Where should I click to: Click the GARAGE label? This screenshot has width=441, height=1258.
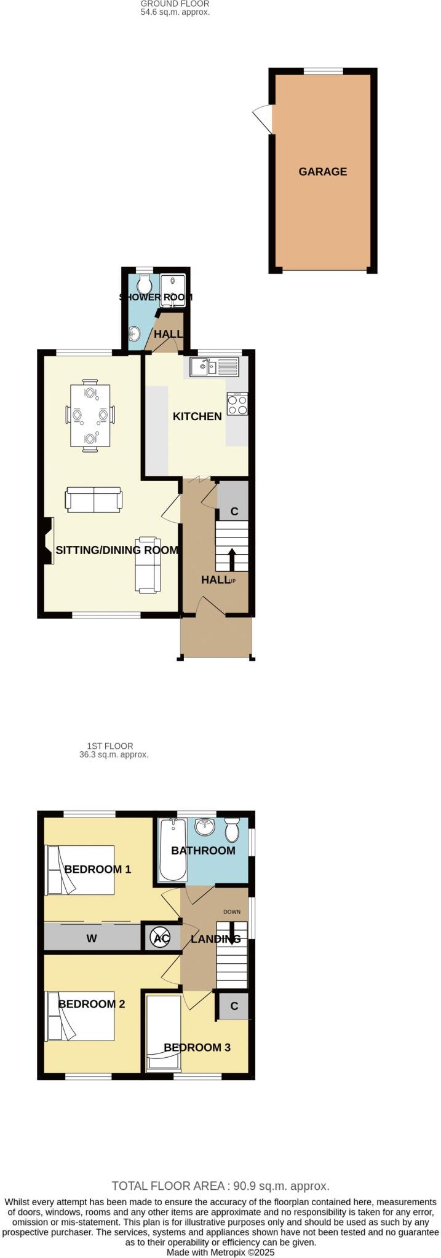point(322,172)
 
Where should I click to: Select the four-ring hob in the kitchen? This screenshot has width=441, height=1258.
point(237,403)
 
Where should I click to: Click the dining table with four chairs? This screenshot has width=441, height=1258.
point(90,415)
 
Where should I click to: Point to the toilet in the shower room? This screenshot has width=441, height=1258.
point(145,284)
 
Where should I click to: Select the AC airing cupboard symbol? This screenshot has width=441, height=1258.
point(160,938)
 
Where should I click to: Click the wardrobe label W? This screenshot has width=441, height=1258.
point(92,939)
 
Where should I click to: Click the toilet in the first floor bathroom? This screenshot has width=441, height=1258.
point(232,830)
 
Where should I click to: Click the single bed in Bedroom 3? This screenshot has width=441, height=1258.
point(164,1034)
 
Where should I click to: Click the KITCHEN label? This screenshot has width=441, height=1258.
point(197,416)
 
